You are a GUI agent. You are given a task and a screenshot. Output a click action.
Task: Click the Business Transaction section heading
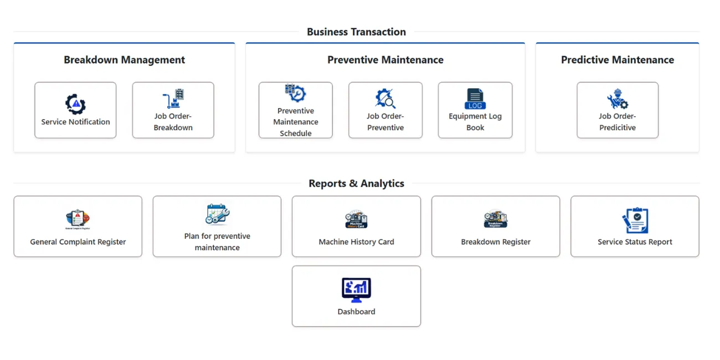click(356, 32)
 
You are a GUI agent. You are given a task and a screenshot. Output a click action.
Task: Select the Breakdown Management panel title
click(125, 60)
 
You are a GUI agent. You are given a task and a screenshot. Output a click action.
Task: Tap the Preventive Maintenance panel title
click(385, 60)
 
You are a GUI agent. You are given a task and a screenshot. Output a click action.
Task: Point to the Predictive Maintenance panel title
click(618, 60)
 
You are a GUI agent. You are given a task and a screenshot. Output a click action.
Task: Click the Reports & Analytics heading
click(356, 183)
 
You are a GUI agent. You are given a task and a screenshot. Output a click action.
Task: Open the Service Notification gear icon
click(75, 104)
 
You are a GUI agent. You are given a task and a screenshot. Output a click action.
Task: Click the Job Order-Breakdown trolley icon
click(173, 99)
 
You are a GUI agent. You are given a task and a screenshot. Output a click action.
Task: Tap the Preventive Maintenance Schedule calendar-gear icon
click(296, 93)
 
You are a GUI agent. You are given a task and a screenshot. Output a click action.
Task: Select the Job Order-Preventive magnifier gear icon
click(385, 99)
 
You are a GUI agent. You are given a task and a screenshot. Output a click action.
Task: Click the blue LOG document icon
click(475, 99)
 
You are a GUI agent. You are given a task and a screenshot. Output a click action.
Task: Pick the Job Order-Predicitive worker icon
click(618, 99)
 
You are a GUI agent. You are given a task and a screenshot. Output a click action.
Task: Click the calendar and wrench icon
click(217, 214)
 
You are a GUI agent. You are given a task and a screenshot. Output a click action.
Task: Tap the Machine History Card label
click(356, 241)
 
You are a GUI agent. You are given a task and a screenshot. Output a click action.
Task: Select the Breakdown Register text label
click(496, 241)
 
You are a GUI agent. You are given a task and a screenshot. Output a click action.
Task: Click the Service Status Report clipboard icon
click(635, 220)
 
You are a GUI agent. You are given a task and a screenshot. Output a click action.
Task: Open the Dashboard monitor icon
click(356, 290)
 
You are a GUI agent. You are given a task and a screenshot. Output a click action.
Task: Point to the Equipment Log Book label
click(475, 122)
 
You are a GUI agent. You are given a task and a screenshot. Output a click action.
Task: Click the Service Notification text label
click(75, 122)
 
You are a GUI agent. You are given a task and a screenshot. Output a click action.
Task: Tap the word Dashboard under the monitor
click(356, 311)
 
